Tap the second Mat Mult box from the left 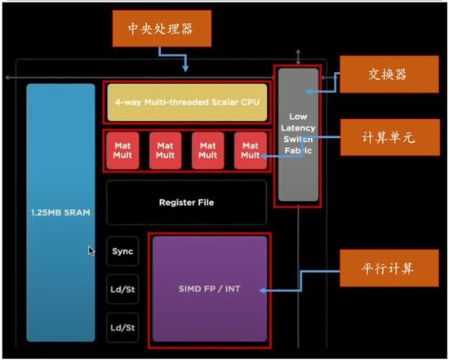click(x=165, y=150)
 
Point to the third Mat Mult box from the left click(x=207, y=150)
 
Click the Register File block click(x=186, y=201)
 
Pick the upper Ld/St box click(x=122, y=289)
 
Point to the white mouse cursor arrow click(x=91, y=251)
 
